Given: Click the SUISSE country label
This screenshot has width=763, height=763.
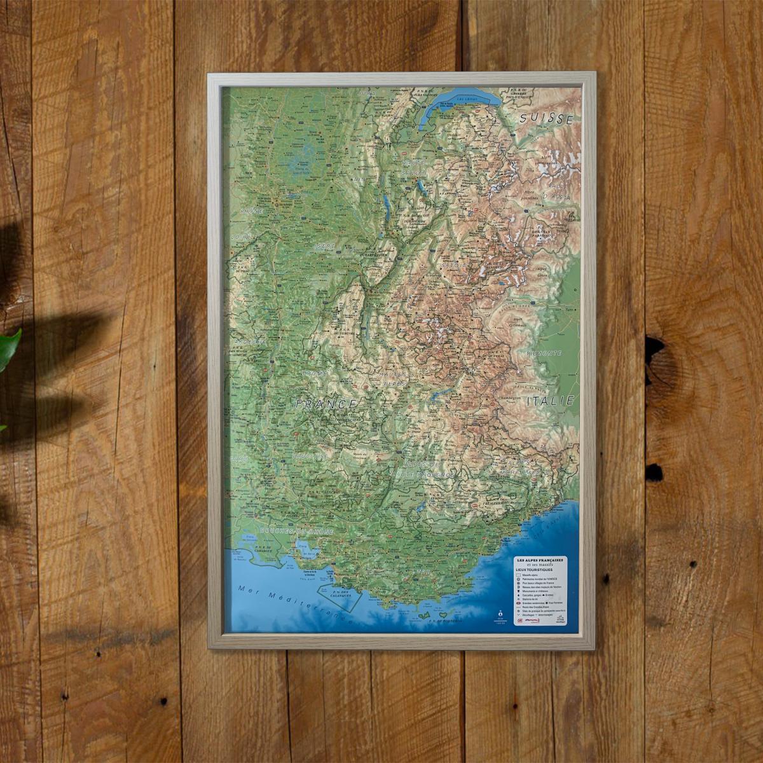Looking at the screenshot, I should pos(546,118).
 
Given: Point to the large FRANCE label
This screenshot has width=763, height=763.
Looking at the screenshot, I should pos(326,404).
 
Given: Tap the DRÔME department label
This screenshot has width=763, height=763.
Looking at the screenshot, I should pos(314,374).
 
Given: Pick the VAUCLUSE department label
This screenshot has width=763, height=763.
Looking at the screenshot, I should pos(310,455).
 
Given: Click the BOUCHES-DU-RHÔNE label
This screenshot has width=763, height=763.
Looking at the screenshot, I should pos(289,530).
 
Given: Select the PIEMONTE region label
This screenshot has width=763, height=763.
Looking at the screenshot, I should pos(543,352).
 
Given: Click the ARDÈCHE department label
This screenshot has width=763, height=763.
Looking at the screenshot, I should pos(252,341).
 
